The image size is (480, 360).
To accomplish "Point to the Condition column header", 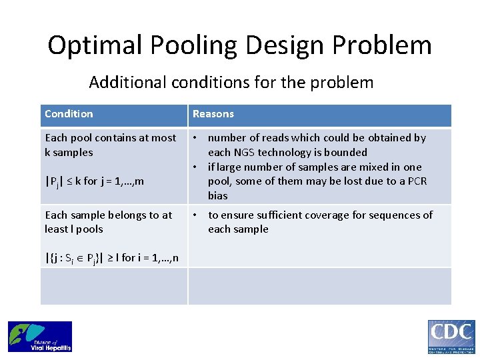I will pyautogui.click(x=69, y=114).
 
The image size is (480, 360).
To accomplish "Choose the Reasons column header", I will pyautogui.click(x=213, y=114).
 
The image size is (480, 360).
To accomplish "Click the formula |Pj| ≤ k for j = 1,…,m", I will pyautogui.click(x=94, y=181).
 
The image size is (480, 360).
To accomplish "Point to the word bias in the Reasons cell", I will pyautogui.click(x=218, y=196).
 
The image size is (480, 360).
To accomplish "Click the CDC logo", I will pyautogui.click(x=451, y=337).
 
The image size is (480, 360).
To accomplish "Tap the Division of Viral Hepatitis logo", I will pyautogui.click(x=40, y=337).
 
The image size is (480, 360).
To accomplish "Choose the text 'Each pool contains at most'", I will pyautogui.click(x=110, y=138).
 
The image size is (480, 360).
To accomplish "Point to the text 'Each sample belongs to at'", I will pyautogui.click(x=108, y=215).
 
